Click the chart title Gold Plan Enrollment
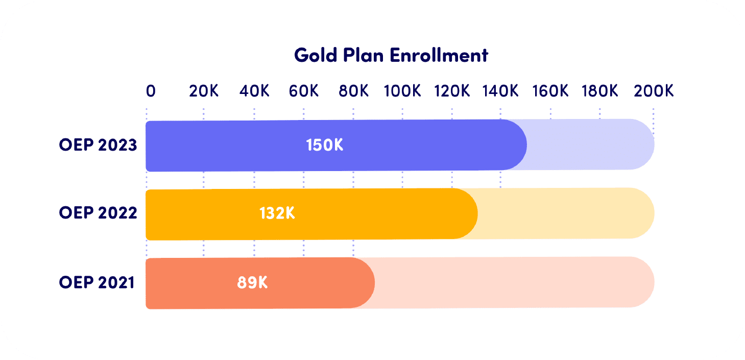(x=391, y=55)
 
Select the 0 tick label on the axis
(x=151, y=91)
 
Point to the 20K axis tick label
(x=204, y=91)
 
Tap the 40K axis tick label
(x=254, y=91)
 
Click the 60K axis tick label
(x=304, y=91)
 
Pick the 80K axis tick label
(x=353, y=91)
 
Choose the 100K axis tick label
(x=402, y=91)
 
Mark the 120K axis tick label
(x=452, y=91)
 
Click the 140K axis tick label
(x=500, y=91)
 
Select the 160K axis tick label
(x=550, y=91)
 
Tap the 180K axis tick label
(x=599, y=91)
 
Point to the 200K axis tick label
(x=654, y=91)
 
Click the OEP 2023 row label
(x=98, y=145)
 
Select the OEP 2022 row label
(x=98, y=213)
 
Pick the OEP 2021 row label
(x=97, y=282)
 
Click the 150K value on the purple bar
(x=324, y=145)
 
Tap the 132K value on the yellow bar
(x=277, y=213)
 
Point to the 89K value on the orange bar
(x=252, y=282)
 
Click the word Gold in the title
(x=316, y=55)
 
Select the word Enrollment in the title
(x=439, y=55)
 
